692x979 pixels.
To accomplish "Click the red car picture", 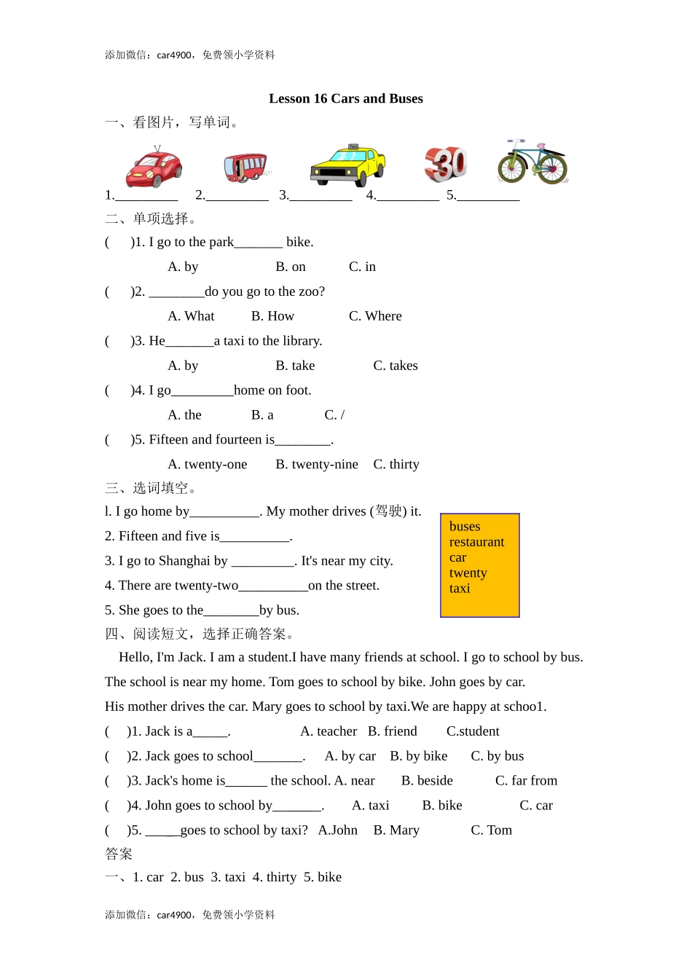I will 154,168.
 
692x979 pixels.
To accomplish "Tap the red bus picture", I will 245,167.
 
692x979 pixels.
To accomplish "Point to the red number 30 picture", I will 445,164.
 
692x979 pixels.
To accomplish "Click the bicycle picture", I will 532,163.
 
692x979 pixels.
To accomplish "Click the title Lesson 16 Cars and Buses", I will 345,98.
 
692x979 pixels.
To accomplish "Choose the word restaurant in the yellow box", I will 476,542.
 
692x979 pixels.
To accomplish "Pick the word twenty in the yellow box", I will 468,573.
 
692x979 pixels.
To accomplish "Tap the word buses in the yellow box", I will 465,526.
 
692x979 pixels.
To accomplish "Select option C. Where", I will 375,316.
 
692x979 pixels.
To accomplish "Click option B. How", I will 272,316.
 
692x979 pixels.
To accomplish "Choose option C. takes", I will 396,366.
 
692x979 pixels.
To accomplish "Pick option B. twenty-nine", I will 317,465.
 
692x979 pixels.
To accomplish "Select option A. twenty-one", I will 208,465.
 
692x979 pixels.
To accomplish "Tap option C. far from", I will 526,781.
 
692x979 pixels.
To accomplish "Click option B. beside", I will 427,781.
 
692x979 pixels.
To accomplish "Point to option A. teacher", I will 329,731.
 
